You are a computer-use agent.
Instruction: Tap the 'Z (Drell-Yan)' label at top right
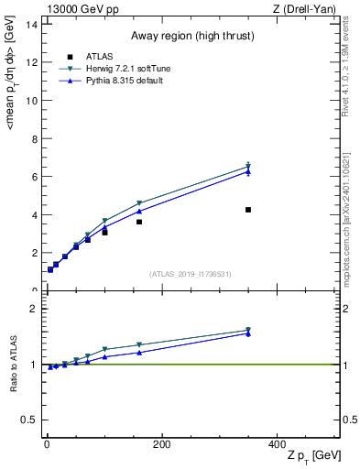pyautogui.click(x=311, y=8)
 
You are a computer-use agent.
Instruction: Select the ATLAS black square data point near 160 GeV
pyautogui.click(x=139, y=222)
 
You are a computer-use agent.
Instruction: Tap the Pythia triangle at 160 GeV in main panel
pyautogui.click(x=139, y=212)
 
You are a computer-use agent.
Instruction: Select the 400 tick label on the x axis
pyautogui.click(x=278, y=444)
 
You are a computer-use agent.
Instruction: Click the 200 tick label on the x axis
pyautogui.click(x=162, y=444)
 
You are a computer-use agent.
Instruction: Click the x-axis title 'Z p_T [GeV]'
pyautogui.click(x=311, y=457)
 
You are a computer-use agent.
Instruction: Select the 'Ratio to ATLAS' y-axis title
pyautogui.click(x=13, y=365)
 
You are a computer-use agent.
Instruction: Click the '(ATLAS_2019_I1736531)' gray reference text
pyautogui.click(x=190, y=274)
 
